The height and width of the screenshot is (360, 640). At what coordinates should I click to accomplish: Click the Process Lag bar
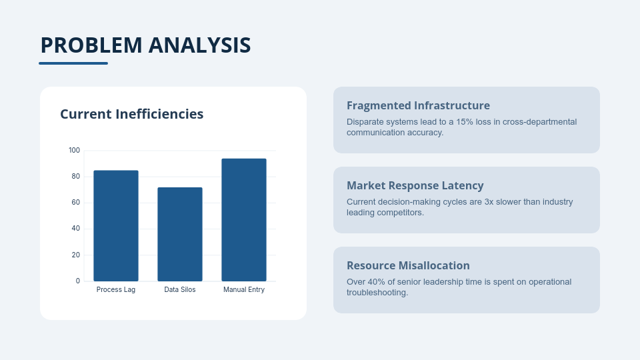click(x=116, y=226)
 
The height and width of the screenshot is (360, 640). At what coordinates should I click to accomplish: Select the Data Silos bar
click(x=180, y=234)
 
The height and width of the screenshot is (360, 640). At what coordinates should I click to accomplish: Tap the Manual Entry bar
click(x=244, y=219)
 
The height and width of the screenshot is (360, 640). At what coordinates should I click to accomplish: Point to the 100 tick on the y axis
click(x=74, y=150)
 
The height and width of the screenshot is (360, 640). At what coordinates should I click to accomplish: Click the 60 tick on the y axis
click(x=76, y=203)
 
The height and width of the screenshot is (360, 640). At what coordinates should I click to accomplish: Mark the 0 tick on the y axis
click(x=78, y=281)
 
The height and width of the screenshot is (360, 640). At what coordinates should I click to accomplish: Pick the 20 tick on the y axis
click(x=76, y=255)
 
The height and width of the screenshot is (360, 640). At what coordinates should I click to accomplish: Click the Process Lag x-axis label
click(x=116, y=289)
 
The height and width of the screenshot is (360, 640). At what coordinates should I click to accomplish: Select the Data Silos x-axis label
click(x=180, y=289)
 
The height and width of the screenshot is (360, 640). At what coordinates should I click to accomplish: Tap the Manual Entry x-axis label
click(x=244, y=289)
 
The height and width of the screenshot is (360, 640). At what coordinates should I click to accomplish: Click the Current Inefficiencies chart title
click(x=132, y=114)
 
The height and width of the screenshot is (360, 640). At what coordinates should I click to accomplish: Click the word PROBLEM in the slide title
click(x=91, y=45)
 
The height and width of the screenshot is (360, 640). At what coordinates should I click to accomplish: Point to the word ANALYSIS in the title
click(x=199, y=45)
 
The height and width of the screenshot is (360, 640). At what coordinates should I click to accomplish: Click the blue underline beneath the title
click(x=73, y=63)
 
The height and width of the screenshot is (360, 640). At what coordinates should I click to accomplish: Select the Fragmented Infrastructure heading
click(x=419, y=105)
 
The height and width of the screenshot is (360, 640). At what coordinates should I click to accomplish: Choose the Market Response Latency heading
click(x=415, y=185)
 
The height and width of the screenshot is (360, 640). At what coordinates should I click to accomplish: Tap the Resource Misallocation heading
click(x=408, y=265)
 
